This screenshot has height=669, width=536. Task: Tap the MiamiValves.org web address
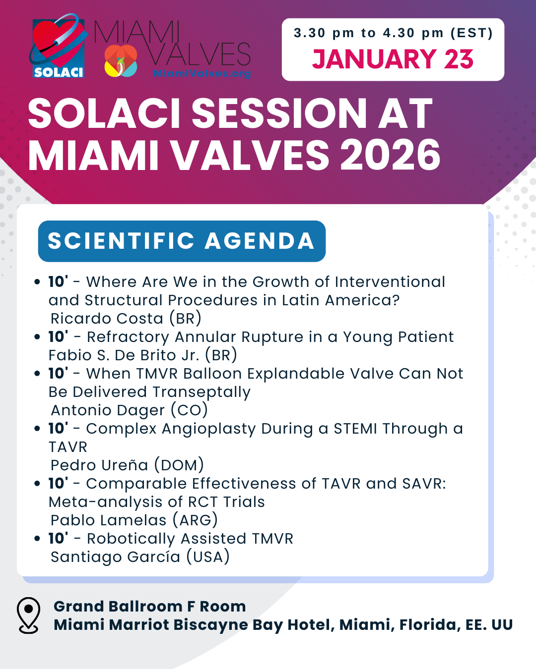click(x=202, y=73)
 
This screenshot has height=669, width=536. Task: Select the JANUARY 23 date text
click(x=393, y=59)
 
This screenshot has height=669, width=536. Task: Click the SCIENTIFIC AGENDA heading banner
click(x=182, y=241)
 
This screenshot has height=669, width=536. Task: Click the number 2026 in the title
click(x=390, y=155)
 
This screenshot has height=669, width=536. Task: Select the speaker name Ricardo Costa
click(x=107, y=318)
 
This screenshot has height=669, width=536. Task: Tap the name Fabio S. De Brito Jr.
click(x=124, y=355)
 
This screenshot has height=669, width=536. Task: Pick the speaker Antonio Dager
click(x=108, y=410)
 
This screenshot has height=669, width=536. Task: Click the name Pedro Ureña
click(x=99, y=465)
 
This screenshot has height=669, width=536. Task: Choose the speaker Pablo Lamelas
click(x=108, y=520)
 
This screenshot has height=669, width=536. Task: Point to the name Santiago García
click(x=115, y=557)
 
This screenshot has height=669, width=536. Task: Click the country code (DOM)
click(x=179, y=465)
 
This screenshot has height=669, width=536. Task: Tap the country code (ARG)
click(x=195, y=520)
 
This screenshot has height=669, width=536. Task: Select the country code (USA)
click(x=208, y=557)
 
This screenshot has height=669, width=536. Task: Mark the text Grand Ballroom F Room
click(x=149, y=607)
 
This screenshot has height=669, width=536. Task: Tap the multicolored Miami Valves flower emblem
click(x=121, y=60)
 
